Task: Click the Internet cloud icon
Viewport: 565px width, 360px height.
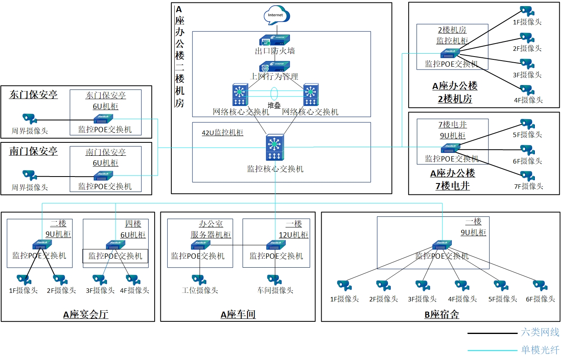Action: pos(276,15)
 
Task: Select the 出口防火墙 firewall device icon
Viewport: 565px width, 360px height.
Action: pos(274,40)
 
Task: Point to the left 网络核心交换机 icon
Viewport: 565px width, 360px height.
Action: pos(240,95)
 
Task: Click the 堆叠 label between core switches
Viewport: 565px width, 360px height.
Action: pos(274,105)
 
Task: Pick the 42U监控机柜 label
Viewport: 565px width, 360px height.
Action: pos(222,133)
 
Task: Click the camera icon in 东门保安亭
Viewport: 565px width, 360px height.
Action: pos(30,118)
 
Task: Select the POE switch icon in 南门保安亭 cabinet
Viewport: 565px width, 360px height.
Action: pos(103,176)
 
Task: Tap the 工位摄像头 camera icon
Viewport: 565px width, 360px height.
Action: pos(199,280)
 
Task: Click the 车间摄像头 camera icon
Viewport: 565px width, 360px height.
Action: pos(275,280)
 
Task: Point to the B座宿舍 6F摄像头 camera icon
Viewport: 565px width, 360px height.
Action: pos(540,286)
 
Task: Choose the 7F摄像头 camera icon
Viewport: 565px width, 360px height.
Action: pos(528,176)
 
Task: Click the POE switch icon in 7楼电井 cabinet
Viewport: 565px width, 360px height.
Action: pos(450,148)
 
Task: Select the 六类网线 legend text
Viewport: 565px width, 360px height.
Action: pos(540,332)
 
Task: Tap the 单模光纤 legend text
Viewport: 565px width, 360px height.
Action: pos(540,350)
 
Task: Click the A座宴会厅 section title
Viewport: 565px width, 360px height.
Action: pos(85,314)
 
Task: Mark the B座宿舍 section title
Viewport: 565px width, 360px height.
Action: pos(442,314)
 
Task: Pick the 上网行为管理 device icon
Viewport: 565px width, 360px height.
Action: pos(274,66)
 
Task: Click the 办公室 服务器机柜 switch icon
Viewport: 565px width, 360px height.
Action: pos(200,245)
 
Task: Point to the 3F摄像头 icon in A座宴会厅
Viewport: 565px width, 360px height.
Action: pos(100,280)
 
